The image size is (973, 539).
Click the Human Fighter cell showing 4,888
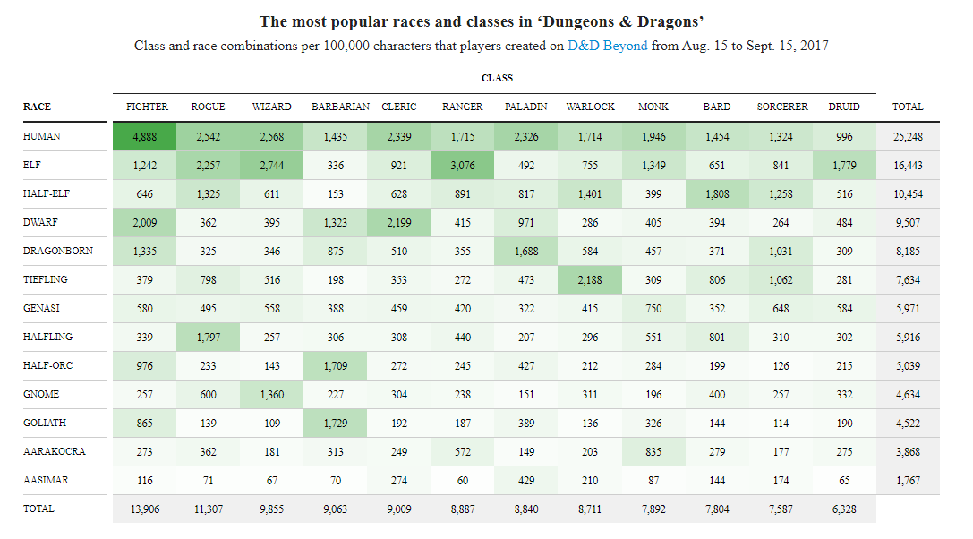[x=147, y=137]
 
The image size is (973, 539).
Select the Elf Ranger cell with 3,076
[x=462, y=166]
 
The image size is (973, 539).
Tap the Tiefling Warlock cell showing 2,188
[x=590, y=280]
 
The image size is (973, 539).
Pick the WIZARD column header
[x=271, y=107]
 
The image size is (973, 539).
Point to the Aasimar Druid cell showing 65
[x=844, y=481]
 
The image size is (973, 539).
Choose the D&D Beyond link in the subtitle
[x=607, y=46]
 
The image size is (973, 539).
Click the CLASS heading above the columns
[x=497, y=79]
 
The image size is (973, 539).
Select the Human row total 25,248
[x=907, y=137]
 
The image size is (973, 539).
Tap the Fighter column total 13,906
[x=147, y=509]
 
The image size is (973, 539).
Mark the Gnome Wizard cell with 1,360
[x=271, y=395]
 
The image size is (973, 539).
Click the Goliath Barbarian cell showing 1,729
[x=336, y=423]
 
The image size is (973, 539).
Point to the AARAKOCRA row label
[x=55, y=452]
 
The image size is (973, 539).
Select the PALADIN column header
[x=525, y=107]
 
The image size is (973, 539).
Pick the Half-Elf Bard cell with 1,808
[x=716, y=194]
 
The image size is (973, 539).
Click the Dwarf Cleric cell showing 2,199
[x=398, y=223]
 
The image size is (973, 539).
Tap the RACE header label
[x=37, y=107]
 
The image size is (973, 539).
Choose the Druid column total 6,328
[x=844, y=509]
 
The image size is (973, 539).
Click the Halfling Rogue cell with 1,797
[x=208, y=338]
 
